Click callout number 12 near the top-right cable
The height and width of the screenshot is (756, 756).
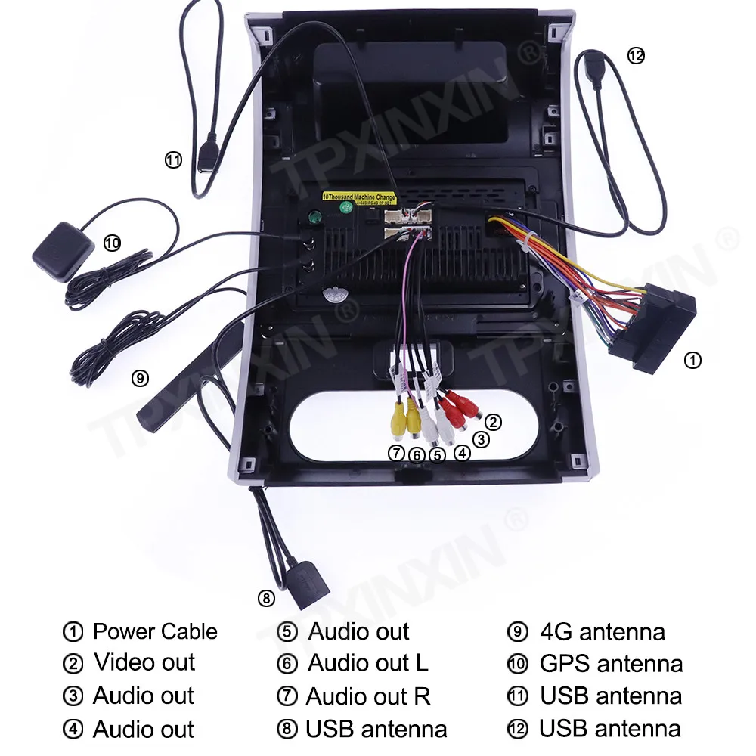pyautogui.click(x=636, y=55)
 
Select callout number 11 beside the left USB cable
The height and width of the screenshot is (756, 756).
pyautogui.click(x=174, y=160)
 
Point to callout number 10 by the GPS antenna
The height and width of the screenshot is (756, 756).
pyautogui.click(x=112, y=243)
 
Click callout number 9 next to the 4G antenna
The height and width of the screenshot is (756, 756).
pyautogui.click(x=140, y=378)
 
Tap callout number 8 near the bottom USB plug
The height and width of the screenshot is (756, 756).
pyautogui.click(x=265, y=599)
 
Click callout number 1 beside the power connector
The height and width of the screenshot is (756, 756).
pyautogui.click(x=692, y=361)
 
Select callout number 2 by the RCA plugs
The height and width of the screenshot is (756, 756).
pyautogui.click(x=493, y=422)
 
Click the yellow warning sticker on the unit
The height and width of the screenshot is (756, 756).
pyautogui.click(x=359, y=198)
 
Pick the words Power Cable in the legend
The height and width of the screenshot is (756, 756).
pyautogui.click(x=155, y=631)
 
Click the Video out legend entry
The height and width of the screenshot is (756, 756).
pyautogui.click(x=144, y=662)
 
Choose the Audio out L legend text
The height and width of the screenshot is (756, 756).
pyautogui.click(x=368, y=663)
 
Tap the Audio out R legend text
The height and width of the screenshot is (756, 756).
pyautogui.click(x=368, y=696)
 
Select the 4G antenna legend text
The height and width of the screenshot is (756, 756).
pyautogui.click(x=603, y=631)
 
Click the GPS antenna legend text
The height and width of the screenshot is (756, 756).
pyautogui.click(x=611, y=664)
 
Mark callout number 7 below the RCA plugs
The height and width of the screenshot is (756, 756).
pyautogui.click(x=396, y=454)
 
